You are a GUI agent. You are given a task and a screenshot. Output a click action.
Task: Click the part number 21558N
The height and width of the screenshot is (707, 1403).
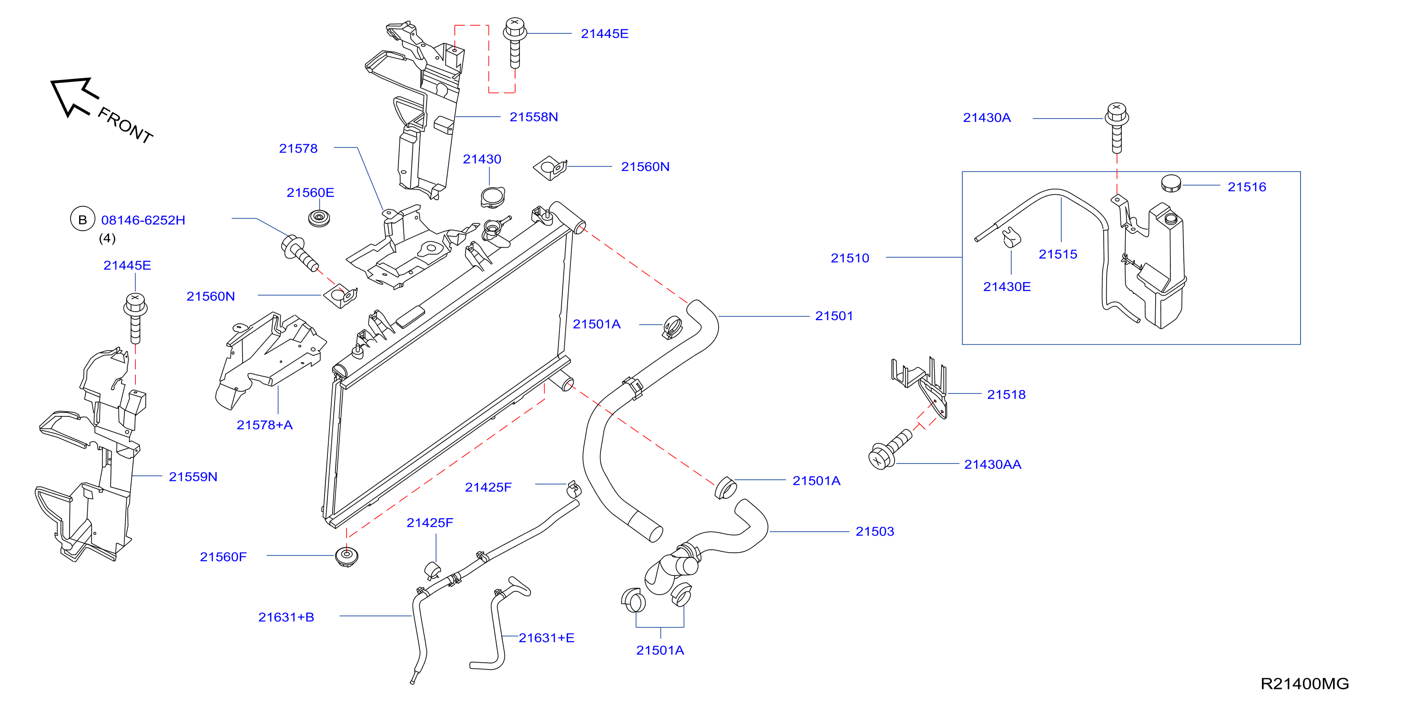pos(533,117)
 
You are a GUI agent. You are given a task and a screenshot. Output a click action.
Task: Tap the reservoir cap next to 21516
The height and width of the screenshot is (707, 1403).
pos(1170,183)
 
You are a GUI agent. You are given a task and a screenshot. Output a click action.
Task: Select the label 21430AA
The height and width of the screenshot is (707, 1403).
pos(992,465)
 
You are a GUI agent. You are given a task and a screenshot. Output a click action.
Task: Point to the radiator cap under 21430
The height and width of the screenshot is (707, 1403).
pos(493,197)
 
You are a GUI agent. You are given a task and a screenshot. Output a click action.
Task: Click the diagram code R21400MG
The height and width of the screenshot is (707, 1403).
pos(1304,684)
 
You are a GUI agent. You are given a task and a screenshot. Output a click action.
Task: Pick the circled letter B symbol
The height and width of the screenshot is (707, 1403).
pos(83,219)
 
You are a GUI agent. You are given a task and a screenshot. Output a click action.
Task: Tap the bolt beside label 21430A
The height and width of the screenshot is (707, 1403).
pos(1117,128)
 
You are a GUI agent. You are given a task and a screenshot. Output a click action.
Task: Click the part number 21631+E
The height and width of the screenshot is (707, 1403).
pos(546,638)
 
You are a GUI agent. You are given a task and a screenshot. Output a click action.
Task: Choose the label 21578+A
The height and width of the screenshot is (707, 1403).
pos(264,425)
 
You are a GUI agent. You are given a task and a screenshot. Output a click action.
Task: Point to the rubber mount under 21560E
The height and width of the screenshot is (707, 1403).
pos(319,218)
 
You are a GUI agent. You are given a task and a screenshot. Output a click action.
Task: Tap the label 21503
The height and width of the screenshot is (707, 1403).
pos(874,532)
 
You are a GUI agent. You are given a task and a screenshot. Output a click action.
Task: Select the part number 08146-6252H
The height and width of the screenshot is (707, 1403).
pos(143,220)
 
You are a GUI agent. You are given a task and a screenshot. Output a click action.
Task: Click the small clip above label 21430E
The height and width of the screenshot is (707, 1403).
pos(1011,237)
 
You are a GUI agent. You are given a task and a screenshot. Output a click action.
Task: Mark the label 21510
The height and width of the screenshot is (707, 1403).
pos(850,258)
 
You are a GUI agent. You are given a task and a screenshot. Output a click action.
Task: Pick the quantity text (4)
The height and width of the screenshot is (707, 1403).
pos(107,238)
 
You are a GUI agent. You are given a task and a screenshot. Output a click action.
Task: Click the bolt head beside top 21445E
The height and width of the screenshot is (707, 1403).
pos(514,27)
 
